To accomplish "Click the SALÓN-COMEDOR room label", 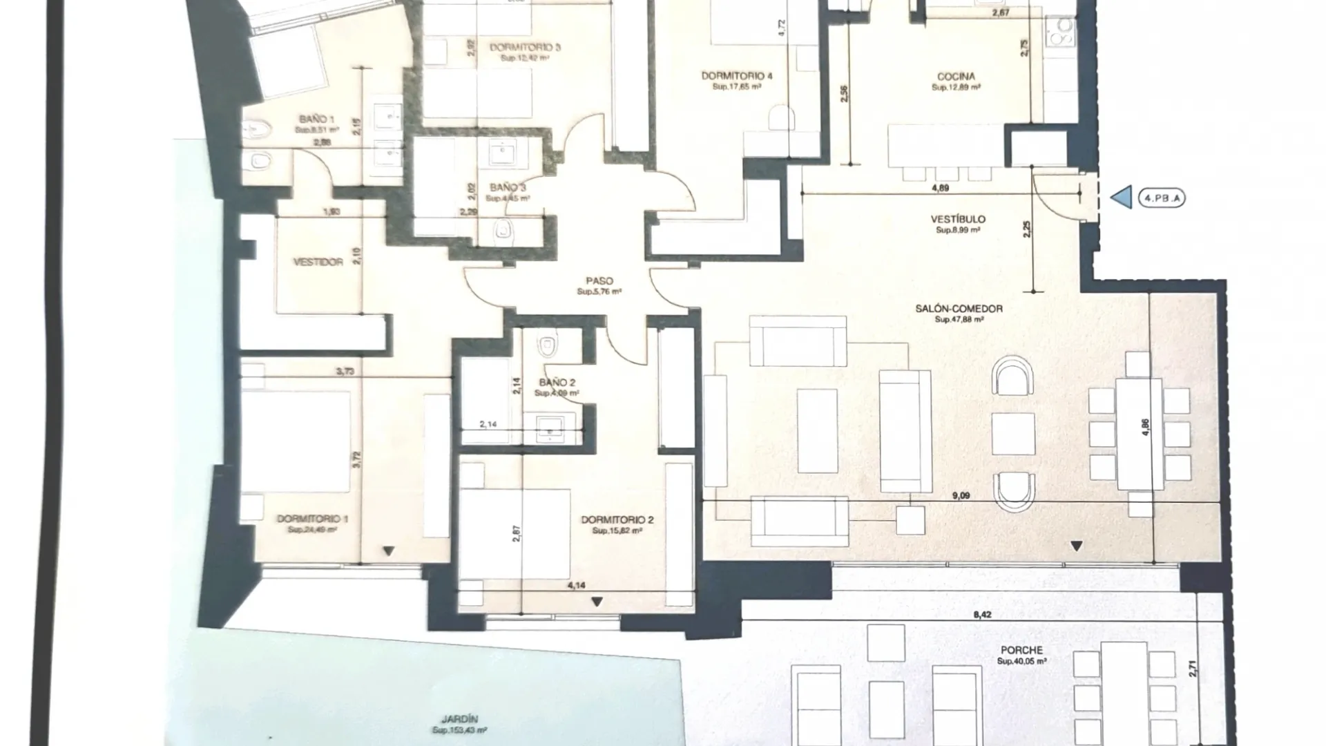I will (959, 309).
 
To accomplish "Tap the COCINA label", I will (956, 77).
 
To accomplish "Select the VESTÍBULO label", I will (958, 220).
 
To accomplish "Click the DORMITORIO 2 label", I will (617, 520).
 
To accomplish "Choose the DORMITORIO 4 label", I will (737, 76).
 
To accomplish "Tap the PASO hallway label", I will (599, 281).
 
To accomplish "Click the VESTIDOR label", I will (318, 262).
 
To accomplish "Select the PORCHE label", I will (1021, 651).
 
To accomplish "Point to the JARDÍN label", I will (459, 719).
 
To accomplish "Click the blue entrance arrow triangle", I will (1122, 198).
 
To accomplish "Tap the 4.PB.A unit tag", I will (1161, 198).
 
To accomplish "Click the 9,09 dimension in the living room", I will (961, 495).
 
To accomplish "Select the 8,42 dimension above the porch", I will (981, 614).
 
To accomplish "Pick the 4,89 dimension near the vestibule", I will (940, 188).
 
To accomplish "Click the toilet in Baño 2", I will (548, 344).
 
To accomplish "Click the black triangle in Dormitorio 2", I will (597, 602).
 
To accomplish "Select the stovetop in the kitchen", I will (1060, 32).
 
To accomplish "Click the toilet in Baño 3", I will (504, 231).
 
